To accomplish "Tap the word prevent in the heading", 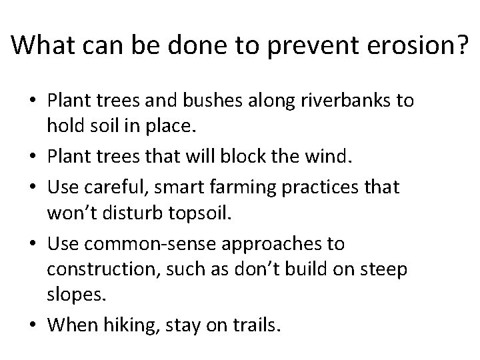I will [x=301, y=45].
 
